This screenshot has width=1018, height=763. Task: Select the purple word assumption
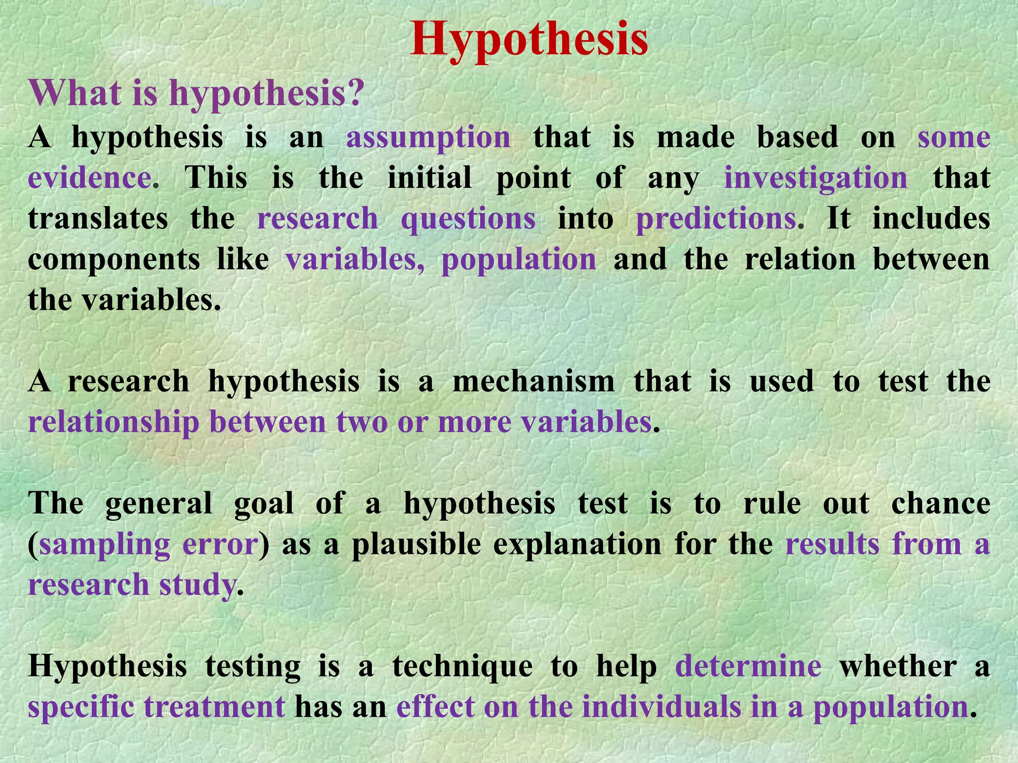[428, 138]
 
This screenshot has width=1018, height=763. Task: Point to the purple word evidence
[89, 177]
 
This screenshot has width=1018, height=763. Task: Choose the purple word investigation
[816, 178]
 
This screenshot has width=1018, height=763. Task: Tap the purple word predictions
[716, 219]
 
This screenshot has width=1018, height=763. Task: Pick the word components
[114, 259]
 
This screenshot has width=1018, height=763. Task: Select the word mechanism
[533, 381]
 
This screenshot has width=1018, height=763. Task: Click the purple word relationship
[114, 422]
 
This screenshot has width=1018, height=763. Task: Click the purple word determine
[748, 667]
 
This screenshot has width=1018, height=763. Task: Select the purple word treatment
[214, 707]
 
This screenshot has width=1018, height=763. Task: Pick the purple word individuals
[661, 707]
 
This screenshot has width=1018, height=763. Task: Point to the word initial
[429, 178]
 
